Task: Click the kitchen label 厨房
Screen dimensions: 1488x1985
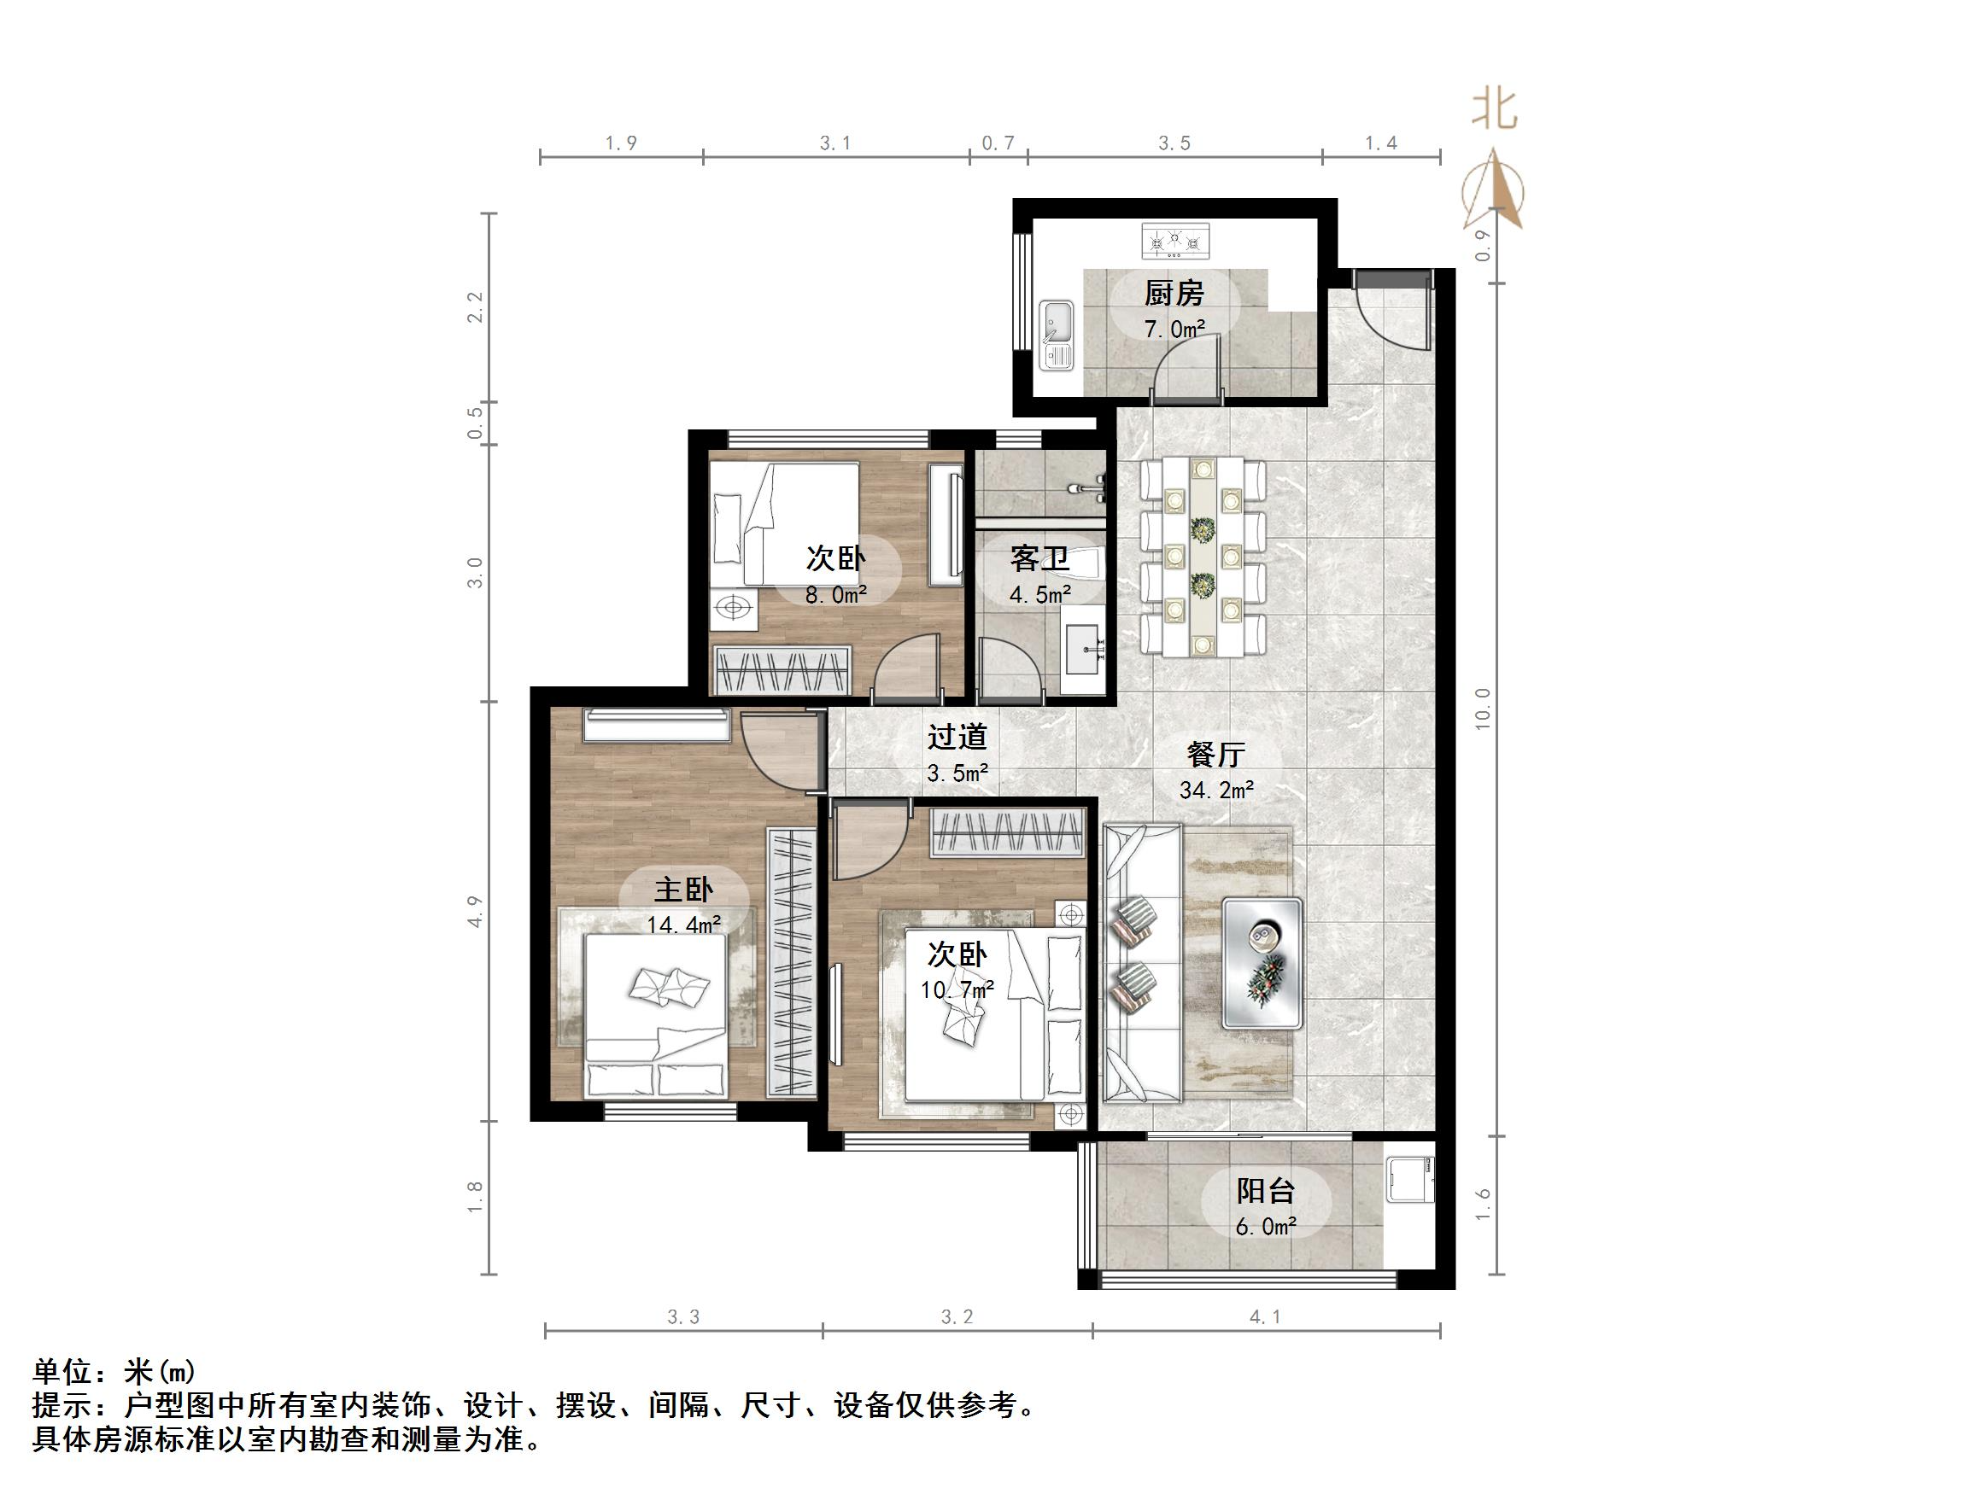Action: click(1174, 294)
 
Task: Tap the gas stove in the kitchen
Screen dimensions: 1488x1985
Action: click(1174, 242)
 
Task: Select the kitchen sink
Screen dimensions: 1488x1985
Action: click(1057, 335)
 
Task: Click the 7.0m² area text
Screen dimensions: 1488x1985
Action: click(1174, 330)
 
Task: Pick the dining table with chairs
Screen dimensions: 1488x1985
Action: click(1203, 556)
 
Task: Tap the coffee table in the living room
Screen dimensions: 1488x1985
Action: click(1262, 962)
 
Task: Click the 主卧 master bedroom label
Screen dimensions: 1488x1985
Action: click(684, 889)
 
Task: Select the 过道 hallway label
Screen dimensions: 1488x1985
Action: click(957, 737)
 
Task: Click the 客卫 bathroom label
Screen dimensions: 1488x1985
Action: click(1040, 559)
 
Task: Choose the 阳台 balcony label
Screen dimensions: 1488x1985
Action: click(1265, 1191)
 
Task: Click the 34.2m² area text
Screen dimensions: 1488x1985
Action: click(1216, 791)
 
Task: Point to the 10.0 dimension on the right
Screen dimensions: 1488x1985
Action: click(1483, 709)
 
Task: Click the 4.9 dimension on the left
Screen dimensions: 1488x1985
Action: click(476, 911)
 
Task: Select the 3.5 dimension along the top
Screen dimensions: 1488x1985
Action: click(1174, 143)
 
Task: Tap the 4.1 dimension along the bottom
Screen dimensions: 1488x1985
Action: click(1264, 1316)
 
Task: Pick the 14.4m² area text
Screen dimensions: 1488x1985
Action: click(684, 924)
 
